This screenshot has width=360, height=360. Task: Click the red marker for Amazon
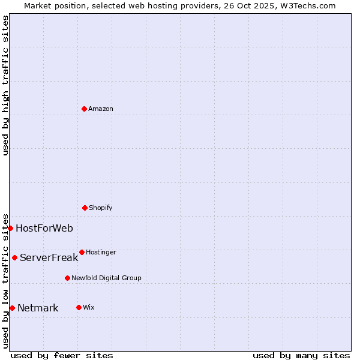[84, 109]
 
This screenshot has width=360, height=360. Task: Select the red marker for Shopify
[85, 208]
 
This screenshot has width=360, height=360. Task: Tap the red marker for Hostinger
[82, 252]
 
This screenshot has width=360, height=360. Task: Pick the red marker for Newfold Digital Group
[67, 278]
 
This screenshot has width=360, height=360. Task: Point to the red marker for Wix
[79, 307]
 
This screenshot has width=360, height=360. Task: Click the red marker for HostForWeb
[10, 228]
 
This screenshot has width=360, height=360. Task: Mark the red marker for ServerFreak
[14, 257]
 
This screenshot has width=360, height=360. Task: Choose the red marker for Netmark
[12, 308]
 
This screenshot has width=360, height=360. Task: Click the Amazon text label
[101, 109]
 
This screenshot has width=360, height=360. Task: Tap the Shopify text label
[101, 208]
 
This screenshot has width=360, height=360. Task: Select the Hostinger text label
[101, 253]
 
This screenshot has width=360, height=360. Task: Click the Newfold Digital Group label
[106, 278]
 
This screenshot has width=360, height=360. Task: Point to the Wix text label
[89, 308]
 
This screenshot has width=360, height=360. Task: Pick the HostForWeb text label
[44, 228]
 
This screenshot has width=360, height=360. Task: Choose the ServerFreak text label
[49, 258]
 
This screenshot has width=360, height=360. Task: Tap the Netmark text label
[38, 308]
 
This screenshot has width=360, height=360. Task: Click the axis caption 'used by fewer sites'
[62, 355]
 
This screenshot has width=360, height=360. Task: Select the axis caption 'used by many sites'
[301, 355]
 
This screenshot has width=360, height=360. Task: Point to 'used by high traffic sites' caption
[5, 86]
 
